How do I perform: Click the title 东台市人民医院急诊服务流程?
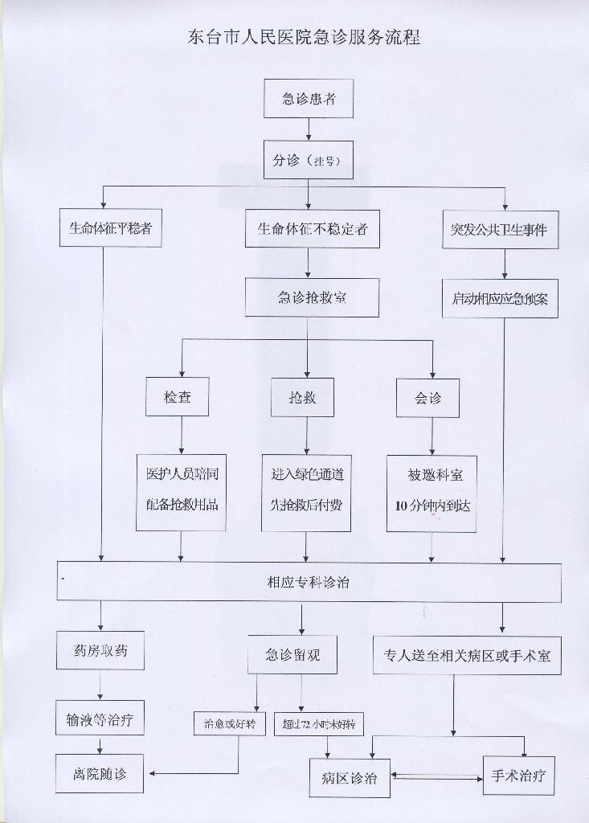304,38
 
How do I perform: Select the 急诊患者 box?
309,99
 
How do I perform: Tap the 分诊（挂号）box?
309,160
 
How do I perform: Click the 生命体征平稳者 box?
110,228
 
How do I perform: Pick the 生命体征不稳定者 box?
313,228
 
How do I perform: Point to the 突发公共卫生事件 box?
500,229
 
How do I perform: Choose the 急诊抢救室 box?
313,297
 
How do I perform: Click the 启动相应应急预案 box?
500,299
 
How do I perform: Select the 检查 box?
178,397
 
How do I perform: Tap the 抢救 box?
303,397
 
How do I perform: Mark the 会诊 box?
427,399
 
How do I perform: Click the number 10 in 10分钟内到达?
402,506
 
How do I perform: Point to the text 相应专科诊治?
308,582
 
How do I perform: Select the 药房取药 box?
100,651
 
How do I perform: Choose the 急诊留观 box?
292,654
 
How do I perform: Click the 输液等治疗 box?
100,719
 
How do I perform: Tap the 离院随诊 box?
100,774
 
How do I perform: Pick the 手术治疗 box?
518,776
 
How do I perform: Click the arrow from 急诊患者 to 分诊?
309,129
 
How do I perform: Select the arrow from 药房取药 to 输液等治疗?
100,686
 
